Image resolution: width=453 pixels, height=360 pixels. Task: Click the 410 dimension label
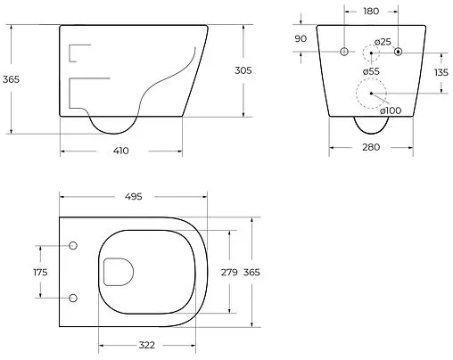(121, 151)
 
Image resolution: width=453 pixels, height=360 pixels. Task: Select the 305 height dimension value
(243, 70)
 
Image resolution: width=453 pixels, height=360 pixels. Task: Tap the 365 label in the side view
(11, 79)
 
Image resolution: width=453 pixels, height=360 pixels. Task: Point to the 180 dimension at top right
(371, 12)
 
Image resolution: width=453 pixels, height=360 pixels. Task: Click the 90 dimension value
(301, 38)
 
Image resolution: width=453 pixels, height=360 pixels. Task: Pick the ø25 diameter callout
(383, 42)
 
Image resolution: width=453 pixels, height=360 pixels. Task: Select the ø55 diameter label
(371, 71)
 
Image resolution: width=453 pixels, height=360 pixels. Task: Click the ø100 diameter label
(391, 110)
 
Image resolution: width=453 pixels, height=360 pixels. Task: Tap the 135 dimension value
(441, 72)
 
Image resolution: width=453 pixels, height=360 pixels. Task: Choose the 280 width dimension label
(371, 147)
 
